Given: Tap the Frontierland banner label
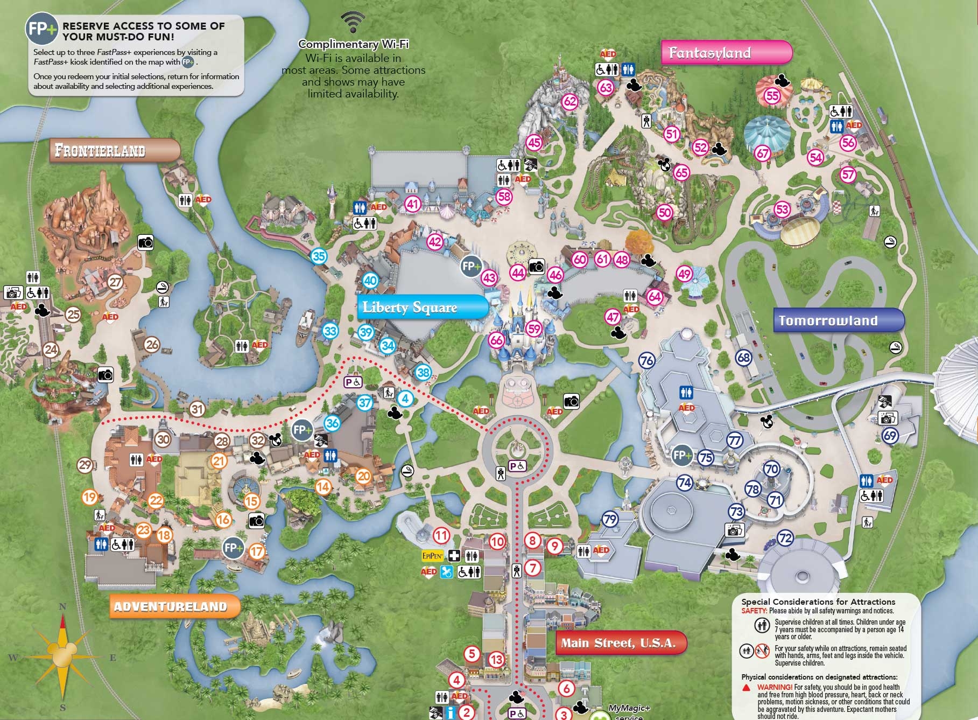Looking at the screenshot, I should point(115,150).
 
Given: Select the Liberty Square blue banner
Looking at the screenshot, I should point(422,307).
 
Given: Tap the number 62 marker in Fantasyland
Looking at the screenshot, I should point(569,101).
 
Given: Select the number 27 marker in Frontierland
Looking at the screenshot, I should point(116,282).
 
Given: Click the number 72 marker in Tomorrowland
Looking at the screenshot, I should point(786,537).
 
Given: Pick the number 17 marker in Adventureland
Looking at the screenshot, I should point(257,551).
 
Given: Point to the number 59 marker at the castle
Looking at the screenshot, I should point(533,328).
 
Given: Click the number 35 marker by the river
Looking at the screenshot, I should point(319,256).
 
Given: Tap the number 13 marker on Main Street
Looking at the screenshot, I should point(496,659).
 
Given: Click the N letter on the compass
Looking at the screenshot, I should point(62,607).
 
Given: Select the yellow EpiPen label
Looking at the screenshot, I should point(433,555).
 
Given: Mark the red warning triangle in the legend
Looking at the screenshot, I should point(746,688).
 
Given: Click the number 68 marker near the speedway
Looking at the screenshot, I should point(743,358).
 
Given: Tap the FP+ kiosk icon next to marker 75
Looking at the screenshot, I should point(682,455).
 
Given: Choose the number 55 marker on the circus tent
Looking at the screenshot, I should point(772,96).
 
